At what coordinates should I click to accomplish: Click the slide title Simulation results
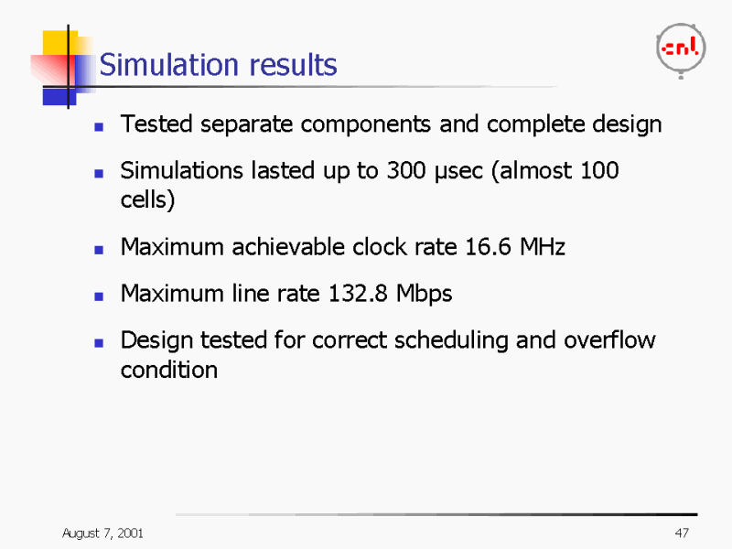pos(218,65)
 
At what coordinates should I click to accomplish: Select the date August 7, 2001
pos(102,533)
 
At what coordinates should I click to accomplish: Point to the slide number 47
pos(681,533)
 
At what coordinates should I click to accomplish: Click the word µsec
pos(459,172)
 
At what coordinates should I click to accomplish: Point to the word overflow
pos(609,340)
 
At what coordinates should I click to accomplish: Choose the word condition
pos(169,371)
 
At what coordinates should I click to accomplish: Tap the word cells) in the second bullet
pos(147,200)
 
